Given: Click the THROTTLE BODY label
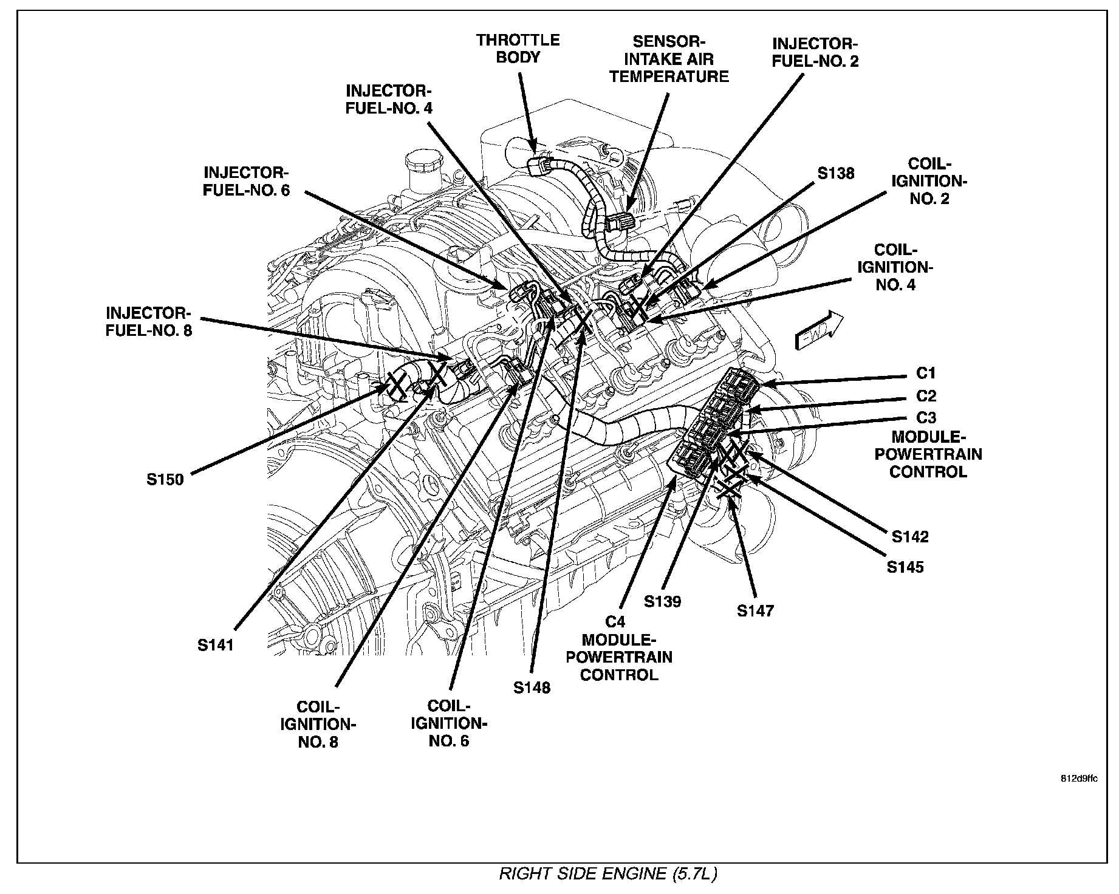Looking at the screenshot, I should [518, 49].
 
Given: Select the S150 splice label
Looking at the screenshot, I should [165, 479].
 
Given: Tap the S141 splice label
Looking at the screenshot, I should [215, 645].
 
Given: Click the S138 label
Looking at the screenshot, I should [835, 173].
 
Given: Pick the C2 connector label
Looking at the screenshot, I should [926, 396].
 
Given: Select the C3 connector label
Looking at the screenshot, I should [926, 418].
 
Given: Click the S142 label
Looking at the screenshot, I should [910, 536].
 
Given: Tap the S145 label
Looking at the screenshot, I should [905, 567].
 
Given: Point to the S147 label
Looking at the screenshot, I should [756, 610].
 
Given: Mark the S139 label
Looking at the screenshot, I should [663, 601].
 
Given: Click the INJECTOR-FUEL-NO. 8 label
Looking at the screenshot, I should [149, 322].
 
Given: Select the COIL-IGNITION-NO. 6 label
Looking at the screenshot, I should [450, 723].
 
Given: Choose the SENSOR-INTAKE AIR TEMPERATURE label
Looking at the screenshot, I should [669, 59].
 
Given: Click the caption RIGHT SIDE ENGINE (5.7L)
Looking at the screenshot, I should [608, 874].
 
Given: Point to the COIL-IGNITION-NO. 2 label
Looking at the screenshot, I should [929, 181].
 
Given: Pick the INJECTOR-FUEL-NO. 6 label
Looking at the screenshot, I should [247, 181].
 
